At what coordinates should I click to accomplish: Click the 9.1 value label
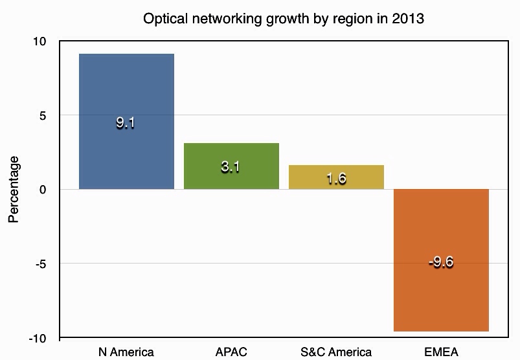pyautogui.click(x=126, y=123)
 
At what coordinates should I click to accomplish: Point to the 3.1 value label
pyautogui.click(x=231, y=167)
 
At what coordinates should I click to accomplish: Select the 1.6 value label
pyautogui.click(x=335, y=179)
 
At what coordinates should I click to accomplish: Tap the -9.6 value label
pyautogui.click(x=440, y=262)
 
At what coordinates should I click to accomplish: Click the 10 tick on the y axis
pyautogui.click(x=40, y=41)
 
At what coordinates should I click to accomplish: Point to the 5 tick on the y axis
pyautogui.click(x=43, y=116)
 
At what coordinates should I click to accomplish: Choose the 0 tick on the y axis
pyautogui.click(x=43, y=190)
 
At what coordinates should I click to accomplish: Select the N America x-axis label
pyautogui.click(x=126, y=352)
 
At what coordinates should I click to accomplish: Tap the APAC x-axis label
pyautogui.click(x=231, y=352)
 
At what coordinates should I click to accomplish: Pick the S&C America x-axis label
pyautogui.click(x=336, y=352)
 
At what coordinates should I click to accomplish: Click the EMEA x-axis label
pyautogui.click(x=441, y=352)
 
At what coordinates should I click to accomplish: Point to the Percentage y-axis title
pyautogui.click(x=14, y=189)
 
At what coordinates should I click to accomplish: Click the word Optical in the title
pyautogui.click(x=164, y=19)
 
